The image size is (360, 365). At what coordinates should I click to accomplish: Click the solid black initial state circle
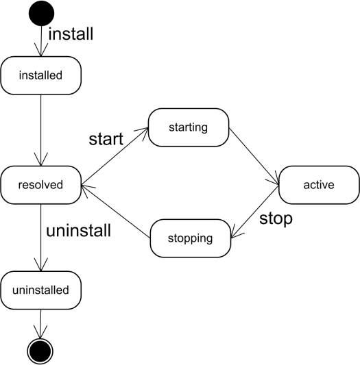(42, 13)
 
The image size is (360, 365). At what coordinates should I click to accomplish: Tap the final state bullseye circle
(40, 351)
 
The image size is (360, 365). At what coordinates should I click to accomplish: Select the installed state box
(41, 75)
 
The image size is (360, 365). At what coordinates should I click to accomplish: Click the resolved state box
(41, 185)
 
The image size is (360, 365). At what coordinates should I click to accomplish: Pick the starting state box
(189, 127)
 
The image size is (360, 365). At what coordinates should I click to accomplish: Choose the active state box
(319, 185)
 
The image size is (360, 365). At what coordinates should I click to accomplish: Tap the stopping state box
(191, 238)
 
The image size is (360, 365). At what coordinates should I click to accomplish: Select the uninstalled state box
(41, 290)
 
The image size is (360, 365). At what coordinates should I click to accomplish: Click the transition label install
(71, 34)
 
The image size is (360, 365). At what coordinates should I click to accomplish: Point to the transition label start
(106, 139)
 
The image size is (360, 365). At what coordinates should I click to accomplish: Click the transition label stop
(276, 219)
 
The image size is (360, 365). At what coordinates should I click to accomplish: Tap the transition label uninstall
(78, 231)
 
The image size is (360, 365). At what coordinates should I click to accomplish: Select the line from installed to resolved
(41, 130)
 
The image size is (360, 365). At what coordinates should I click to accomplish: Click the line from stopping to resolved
(116, 212)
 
